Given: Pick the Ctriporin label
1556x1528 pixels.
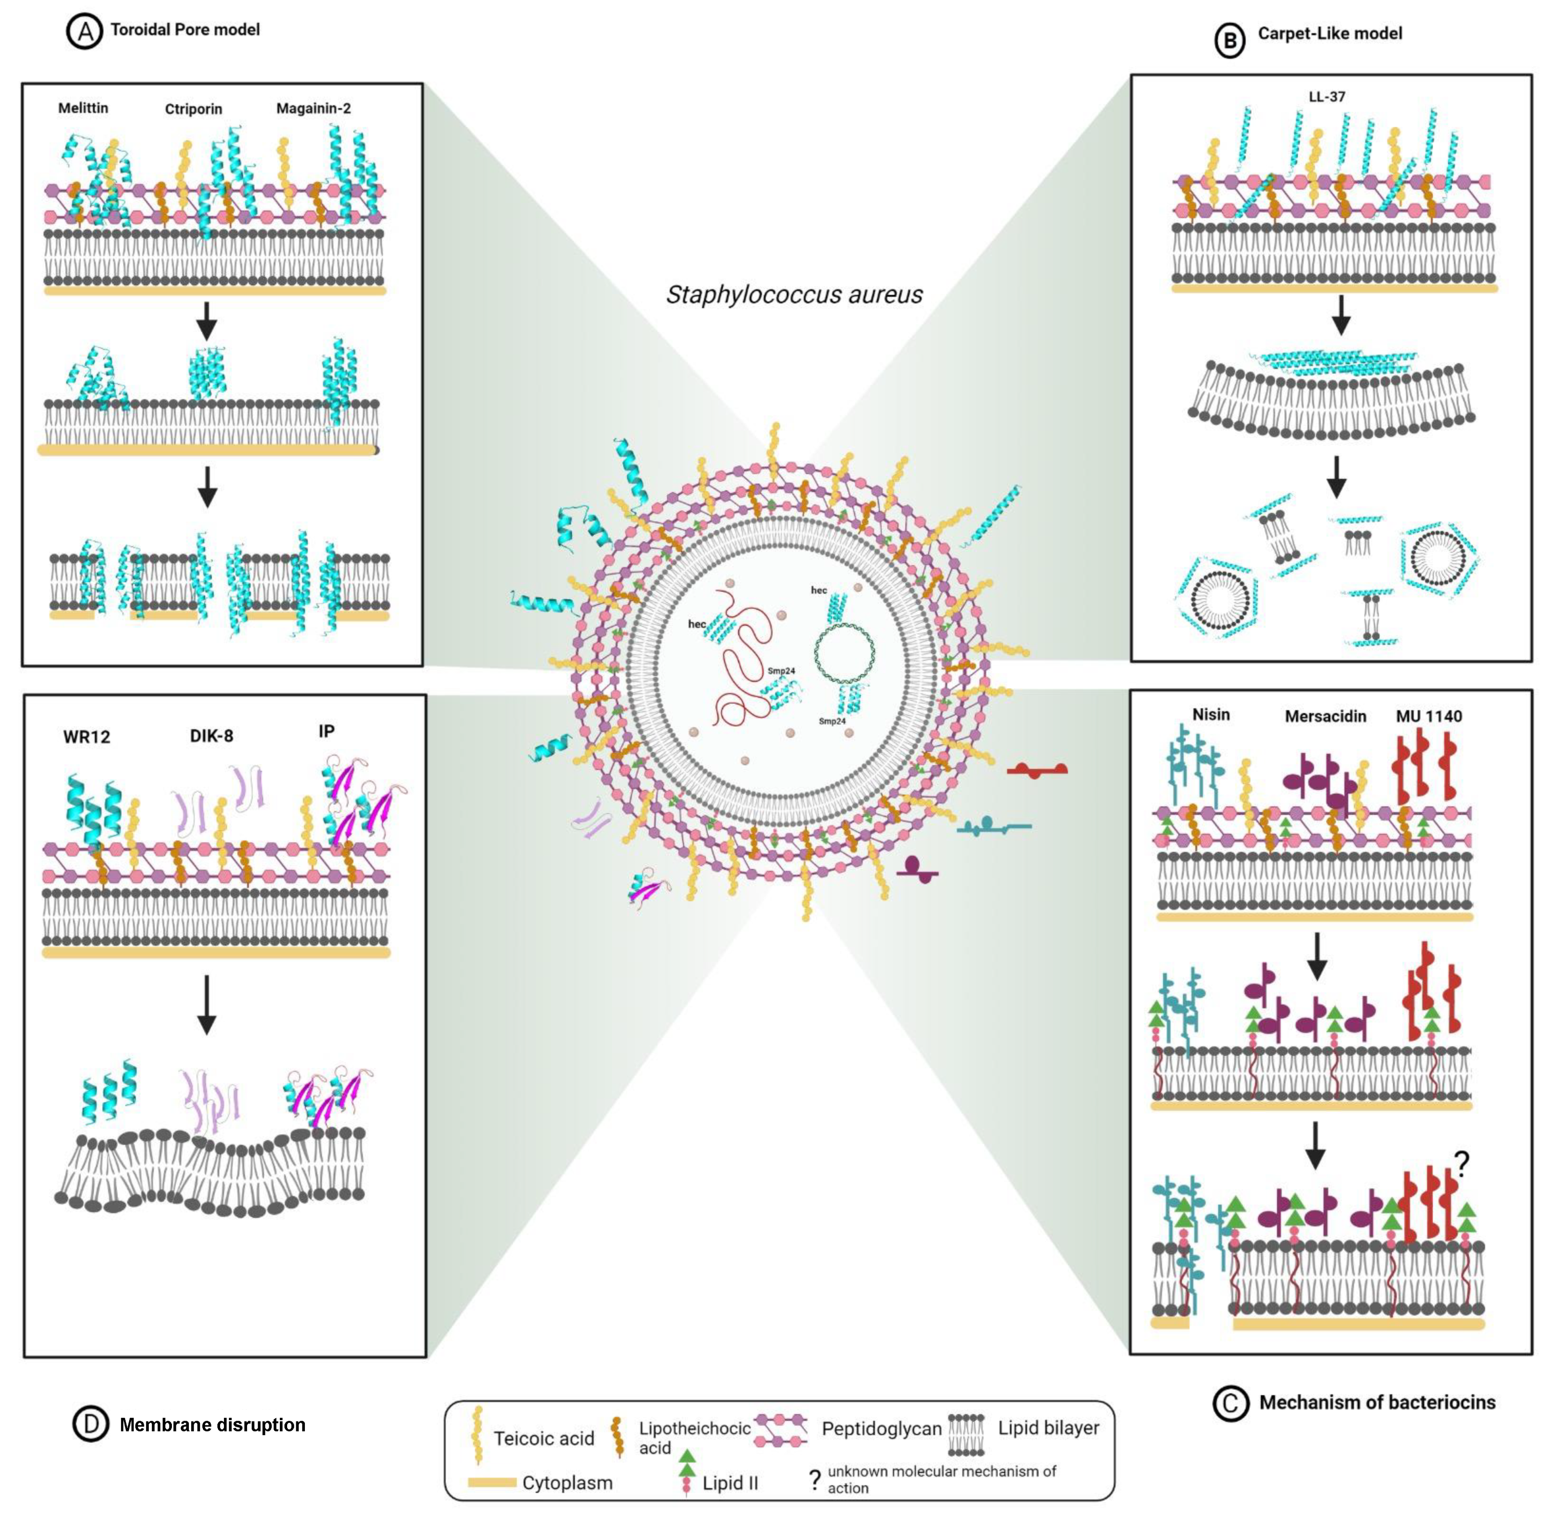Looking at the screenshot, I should tap(194, 109).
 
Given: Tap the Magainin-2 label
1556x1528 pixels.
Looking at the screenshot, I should tap(313, 108).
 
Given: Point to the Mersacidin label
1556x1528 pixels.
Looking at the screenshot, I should tap(1325, 717).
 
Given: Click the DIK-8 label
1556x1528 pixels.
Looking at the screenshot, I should tap(211, 736).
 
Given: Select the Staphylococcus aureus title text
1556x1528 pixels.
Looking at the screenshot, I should tap(793, 295).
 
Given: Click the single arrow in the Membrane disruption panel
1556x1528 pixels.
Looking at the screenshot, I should tap(206, 1004).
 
